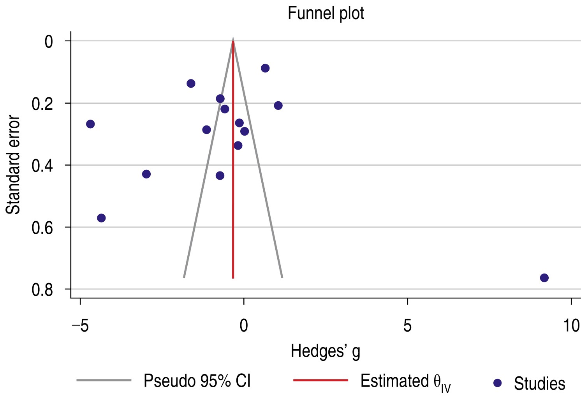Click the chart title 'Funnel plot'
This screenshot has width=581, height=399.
[x=326, y=13]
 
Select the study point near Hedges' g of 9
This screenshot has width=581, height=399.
[x=544, y=278]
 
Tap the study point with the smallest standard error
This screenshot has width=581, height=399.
[x=265, y=68]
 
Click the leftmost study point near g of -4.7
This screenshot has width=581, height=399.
[x=90, y=124]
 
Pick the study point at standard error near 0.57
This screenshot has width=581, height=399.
[x=101, y=218]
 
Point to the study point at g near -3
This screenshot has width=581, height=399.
[x=146, y=174]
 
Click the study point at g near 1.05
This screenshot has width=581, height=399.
[x=278, y=106]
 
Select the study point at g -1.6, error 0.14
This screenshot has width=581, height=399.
[x=191, y=83]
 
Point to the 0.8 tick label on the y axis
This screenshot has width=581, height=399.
[x=42, y=290]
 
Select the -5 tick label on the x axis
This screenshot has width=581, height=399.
[x=80, y=325]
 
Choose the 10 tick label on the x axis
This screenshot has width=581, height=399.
[x=571, y=325]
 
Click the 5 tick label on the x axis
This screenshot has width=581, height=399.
[x=407, y=325]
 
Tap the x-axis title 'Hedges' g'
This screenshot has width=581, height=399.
[x=326, y=351]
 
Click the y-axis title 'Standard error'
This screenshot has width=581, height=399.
[x=13, y=164]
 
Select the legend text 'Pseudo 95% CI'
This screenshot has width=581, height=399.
[x=197, y=381]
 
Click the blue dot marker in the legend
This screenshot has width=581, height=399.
[x=497, y=383]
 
